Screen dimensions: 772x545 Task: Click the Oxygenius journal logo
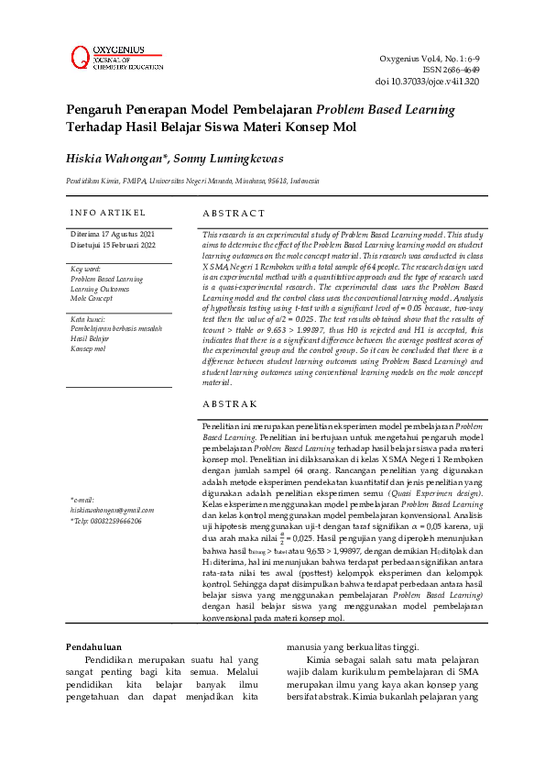coord(115,56)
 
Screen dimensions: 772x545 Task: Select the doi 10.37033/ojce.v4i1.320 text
coord(427,81)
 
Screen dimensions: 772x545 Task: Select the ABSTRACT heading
coord(234,213)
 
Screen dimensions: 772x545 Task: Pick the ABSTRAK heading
coord(230,403)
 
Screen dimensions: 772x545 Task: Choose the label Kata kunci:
coord(87,319)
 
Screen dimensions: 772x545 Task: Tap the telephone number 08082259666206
coord(105,520)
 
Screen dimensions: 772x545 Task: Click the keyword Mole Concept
coord(92,299)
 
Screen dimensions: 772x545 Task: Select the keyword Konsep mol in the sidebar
coord(89,349)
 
